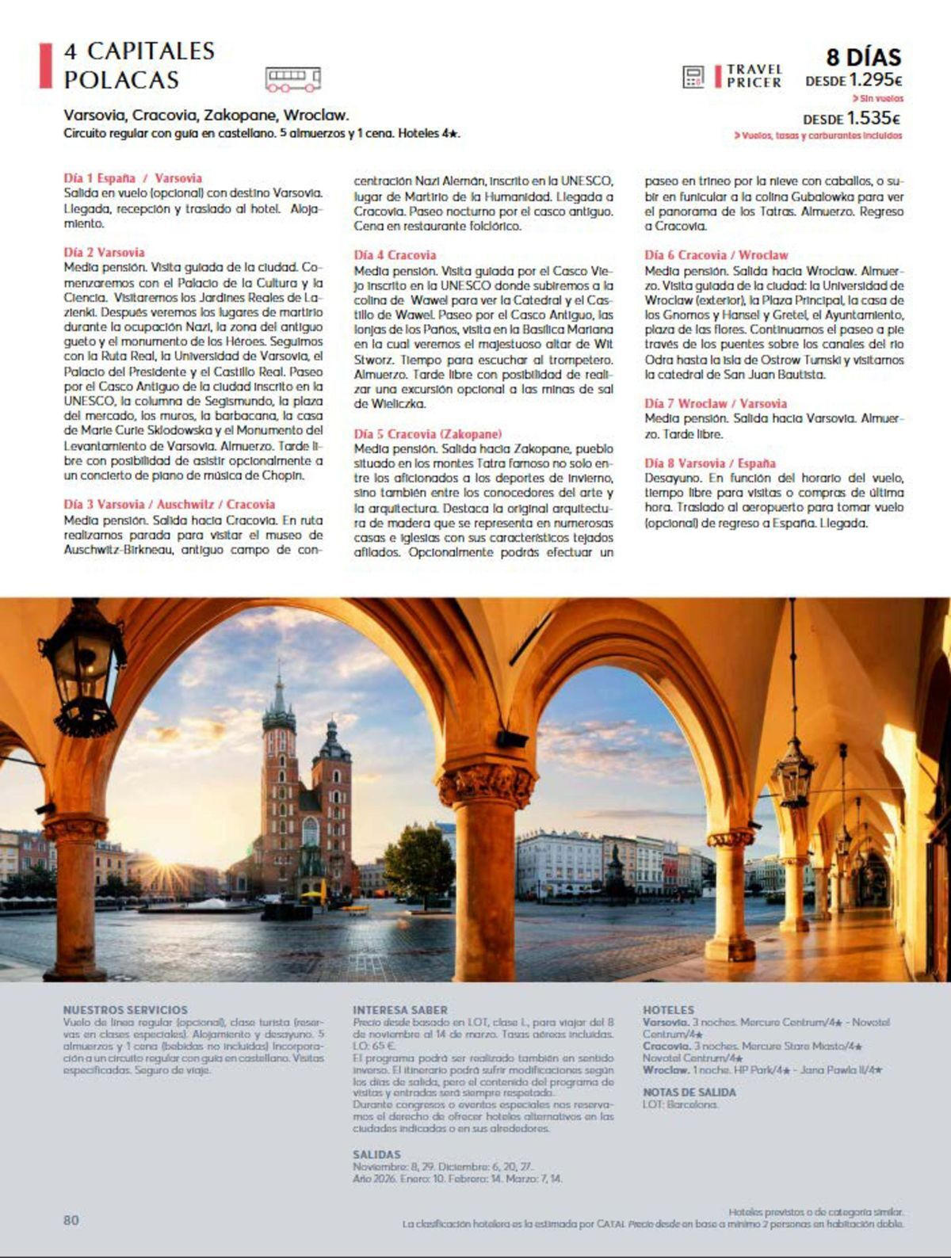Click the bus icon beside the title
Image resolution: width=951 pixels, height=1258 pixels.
click(x=293, y=78)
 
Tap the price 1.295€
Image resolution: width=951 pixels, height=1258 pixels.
click(x=876, y=80)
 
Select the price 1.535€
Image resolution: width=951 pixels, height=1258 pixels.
click(x=873, y=119)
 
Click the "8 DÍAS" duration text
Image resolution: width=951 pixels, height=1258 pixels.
click(x=863, y=57)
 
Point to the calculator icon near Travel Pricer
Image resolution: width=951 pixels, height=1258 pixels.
click(x=693, y=77)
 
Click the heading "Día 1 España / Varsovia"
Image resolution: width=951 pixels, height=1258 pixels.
click(x=132, y=178)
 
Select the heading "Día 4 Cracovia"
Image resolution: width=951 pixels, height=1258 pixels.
click(x=395, y=255)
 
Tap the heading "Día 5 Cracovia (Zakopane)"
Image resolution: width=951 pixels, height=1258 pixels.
click(x=427, y=434)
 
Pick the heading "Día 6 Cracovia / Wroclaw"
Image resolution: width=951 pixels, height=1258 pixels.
click(x=716, y=255)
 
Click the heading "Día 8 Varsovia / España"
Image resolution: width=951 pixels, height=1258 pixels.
click(x=709, y=463)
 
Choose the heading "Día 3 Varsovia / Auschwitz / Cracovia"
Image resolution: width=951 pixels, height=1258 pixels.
click(x=169, y=505)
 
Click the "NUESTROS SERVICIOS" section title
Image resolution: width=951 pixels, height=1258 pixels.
click(x=125, y=1010)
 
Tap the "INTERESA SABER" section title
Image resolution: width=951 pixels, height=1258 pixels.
click(x=400, y=1010)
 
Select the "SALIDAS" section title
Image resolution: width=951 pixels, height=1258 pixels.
click(x=376, y=1154)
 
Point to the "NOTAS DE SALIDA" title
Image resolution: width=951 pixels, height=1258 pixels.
click(x=689, y=1092)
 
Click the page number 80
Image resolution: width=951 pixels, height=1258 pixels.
click(x=71, y=1220)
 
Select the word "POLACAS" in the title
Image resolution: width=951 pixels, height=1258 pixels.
click(x=121, y=80)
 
